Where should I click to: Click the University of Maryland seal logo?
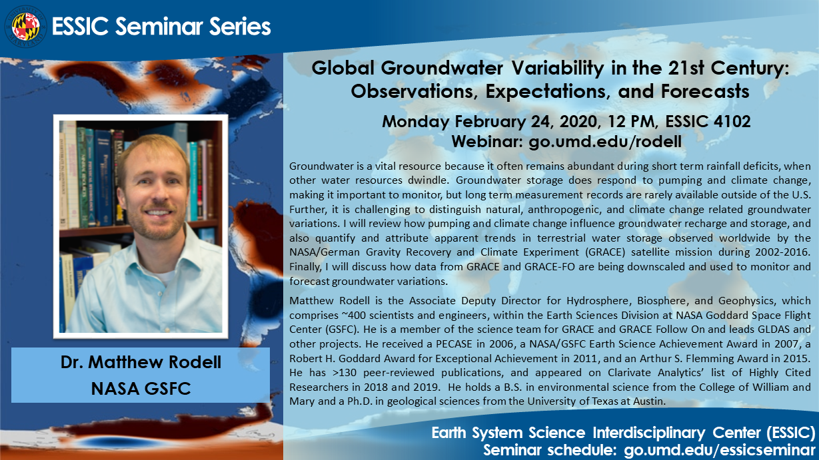[x=25, y=27]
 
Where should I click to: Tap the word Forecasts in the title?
[x=705, y=91]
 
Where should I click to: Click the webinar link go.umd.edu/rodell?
[x=605, y=142]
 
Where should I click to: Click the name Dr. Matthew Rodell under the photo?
[x=141, y=362]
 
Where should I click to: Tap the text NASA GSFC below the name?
[x=141, y=388]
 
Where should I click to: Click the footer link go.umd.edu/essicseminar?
[x=720, y=450]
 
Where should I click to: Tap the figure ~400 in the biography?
[x=327, y=316]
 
